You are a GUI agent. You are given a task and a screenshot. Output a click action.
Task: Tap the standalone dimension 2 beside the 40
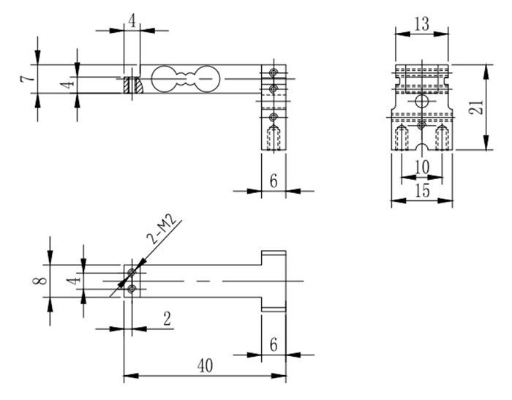(x=167, y=319)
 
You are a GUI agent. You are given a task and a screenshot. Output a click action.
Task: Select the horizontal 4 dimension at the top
(x=132, y=20)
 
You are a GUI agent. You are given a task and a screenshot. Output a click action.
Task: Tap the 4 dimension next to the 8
(x=70, y=281)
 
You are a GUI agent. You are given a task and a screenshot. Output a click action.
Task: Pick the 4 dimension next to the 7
(x=67, y=85)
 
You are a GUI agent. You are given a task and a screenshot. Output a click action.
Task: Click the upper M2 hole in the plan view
(x=132, y=273)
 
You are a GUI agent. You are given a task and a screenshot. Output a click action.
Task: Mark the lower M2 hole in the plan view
(x=132, y=290)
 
